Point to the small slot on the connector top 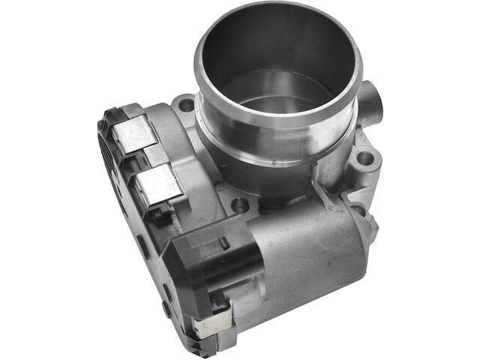tap(223, 242)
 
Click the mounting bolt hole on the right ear tap(365, 158)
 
